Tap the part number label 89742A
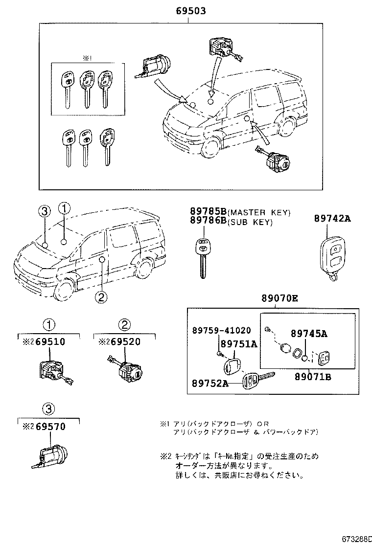[x=332, y=219]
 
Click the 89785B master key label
[x=208, y=212]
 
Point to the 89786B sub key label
[x=208, y=222]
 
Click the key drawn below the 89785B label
[x=201, y=257]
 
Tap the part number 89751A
[x=238, y=344]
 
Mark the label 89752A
[x=210, y=383]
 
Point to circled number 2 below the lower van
[x=100, y=296]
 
